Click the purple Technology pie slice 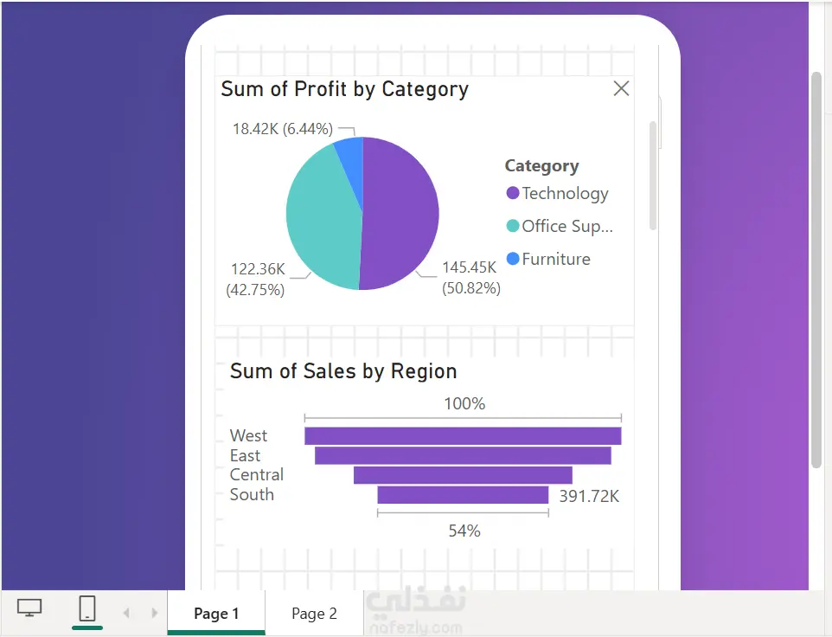pos(400,212)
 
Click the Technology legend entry pos(557,193)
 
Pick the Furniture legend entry pos(548,259)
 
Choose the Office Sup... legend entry pos(560,226)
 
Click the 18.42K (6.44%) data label pos(283,129)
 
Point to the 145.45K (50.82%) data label pos(471,278)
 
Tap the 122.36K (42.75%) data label pos(256,280)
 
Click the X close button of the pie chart pos(621,88)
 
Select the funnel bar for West pos(463,436)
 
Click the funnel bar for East pos(463,455)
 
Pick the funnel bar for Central pos(463,475)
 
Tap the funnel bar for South pos(463,495)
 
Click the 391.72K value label pos(589,496)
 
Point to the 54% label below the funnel pos(464,531)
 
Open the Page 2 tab pos(314,614)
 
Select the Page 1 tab pos(216,614)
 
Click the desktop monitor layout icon pos(29,608)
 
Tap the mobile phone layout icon pos(87,608)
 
